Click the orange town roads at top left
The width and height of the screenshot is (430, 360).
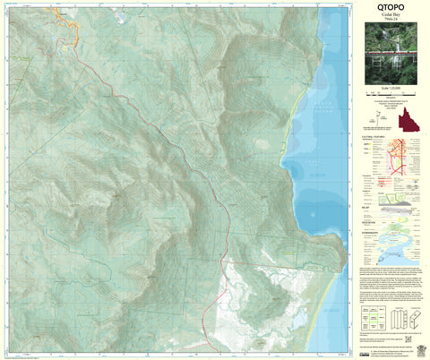point(67,27)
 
